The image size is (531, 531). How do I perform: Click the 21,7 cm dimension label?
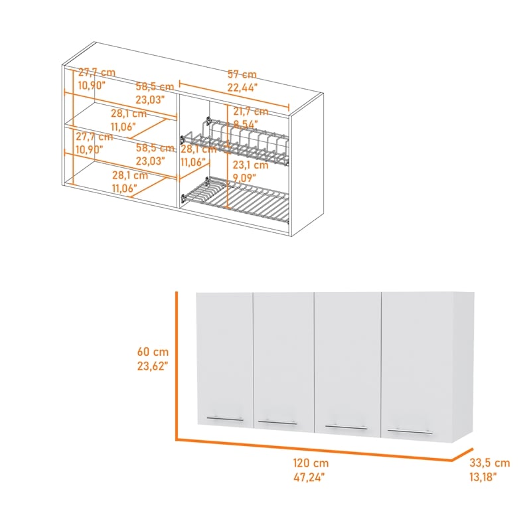(248, 112)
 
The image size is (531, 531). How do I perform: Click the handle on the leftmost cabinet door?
(225, 418)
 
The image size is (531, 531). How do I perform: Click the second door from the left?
(283, 358)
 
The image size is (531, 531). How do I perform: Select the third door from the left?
(346, 362)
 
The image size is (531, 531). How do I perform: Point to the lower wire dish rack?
(236, 197)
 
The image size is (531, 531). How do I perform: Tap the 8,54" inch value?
(246, 123)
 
